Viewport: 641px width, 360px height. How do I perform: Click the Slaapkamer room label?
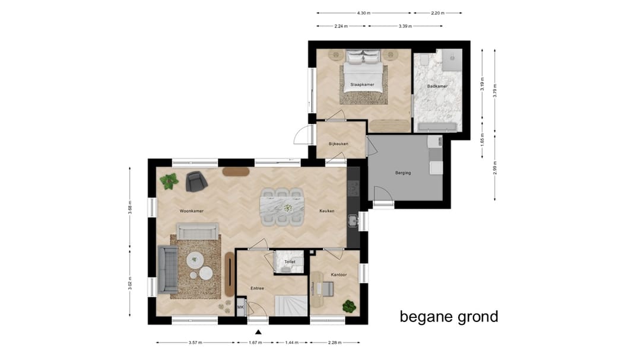click(x=362, y=85)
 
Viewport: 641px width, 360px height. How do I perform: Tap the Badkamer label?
click(x=437, y=87)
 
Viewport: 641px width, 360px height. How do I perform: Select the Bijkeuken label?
click(x=338, y=144)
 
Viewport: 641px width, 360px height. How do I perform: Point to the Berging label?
click(x=403, y=173)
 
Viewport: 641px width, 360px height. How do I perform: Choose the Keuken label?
click(x=327, y=211)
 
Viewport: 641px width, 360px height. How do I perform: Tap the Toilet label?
click(x=290, y=262)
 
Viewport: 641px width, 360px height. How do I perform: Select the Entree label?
click(x=257, y=288)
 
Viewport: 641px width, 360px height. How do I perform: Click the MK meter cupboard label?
click(x=241, y=307)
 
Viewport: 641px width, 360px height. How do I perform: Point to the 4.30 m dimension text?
click(x=364, y=12)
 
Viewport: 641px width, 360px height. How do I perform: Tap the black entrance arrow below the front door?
click(x=258, y=333)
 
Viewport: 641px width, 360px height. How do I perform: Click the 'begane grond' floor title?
click(x=449, y=317)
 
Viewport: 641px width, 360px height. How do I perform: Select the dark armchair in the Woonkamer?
click(x=195, y=181)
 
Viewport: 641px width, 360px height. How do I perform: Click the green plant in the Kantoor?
click(x=349, y=307)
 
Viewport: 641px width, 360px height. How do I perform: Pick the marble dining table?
click(x=282, y=207)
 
